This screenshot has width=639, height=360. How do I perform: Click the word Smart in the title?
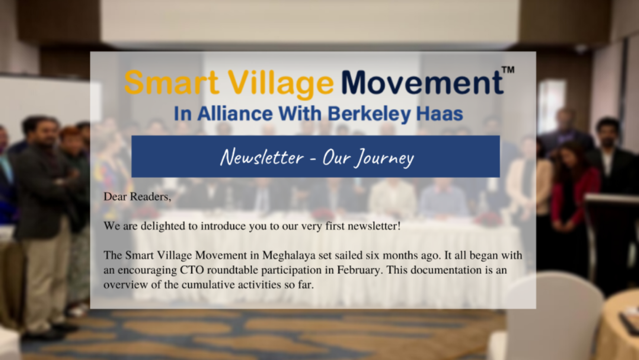172,82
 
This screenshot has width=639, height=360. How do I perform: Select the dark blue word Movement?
422,82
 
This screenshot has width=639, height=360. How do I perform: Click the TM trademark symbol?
508,70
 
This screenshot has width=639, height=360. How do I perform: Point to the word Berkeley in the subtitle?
369,114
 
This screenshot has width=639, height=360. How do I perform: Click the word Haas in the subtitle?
440,114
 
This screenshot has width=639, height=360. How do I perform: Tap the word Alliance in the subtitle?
234,113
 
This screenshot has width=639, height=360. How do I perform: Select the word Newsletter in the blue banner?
262,157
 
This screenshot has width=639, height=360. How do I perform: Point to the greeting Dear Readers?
137,197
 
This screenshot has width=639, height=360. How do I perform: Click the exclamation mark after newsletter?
399,226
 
